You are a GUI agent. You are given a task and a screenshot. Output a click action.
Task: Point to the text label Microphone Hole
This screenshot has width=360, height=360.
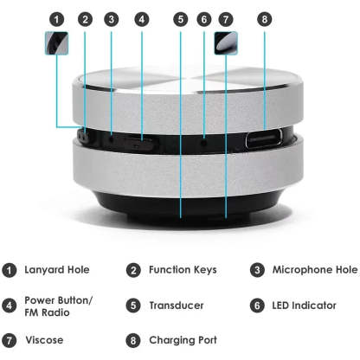point(313,270)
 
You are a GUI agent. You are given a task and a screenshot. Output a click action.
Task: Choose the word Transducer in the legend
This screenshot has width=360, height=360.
point(177,305)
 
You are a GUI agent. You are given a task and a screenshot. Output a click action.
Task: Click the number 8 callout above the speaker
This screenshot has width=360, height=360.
point(264,18)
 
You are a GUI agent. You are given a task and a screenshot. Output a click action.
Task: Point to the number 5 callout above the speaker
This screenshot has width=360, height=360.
point(180,18)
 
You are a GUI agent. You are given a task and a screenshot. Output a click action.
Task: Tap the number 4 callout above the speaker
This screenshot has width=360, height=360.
point(142,18)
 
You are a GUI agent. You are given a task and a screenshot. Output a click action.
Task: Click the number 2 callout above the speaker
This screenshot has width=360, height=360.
point(85,18)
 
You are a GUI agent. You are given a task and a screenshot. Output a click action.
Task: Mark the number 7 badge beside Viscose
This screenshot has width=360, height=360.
point(9,340)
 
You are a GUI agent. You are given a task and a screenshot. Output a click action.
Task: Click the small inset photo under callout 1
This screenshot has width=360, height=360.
point(57,44)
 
